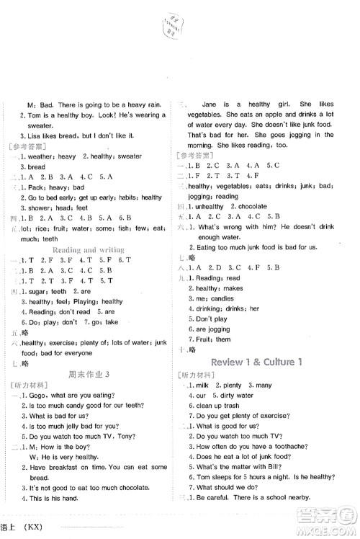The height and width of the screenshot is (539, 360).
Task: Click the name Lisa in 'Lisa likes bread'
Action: tap(38, 136)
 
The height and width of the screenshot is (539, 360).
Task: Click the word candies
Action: tap(224, 298)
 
